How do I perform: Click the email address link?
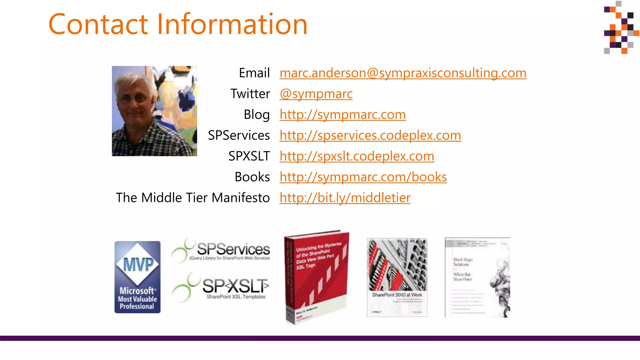(403, 73)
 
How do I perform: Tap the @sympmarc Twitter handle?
(316, 94)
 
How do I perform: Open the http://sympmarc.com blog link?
(342, 115)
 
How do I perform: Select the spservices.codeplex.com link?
(370, 136)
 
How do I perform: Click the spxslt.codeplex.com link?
(357, 156)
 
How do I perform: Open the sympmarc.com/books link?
(363, 177)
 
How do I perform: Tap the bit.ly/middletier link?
(345, 198)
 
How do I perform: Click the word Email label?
(254, 73)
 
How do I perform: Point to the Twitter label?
(250, 94)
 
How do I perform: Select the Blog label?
(257, 115)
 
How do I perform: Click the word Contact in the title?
(98, 24)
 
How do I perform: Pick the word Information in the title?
(232, 24)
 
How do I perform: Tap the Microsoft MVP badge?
(137, 277)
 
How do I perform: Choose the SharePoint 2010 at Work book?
(397, 277)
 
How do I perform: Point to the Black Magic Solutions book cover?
(477, 277)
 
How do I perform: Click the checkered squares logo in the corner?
(621, 27)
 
